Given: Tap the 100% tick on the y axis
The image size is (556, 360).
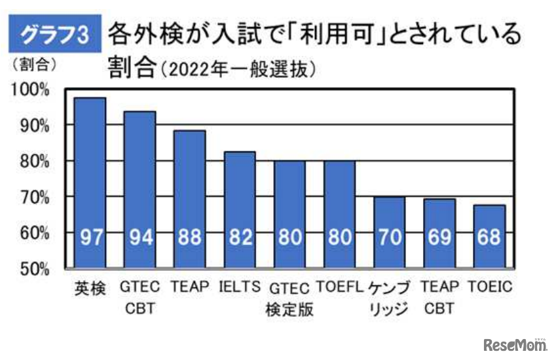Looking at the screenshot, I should click(31, 89).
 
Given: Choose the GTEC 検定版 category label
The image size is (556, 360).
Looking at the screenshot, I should click(289, 298).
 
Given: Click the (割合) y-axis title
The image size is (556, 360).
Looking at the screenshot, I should click(32, 65).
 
